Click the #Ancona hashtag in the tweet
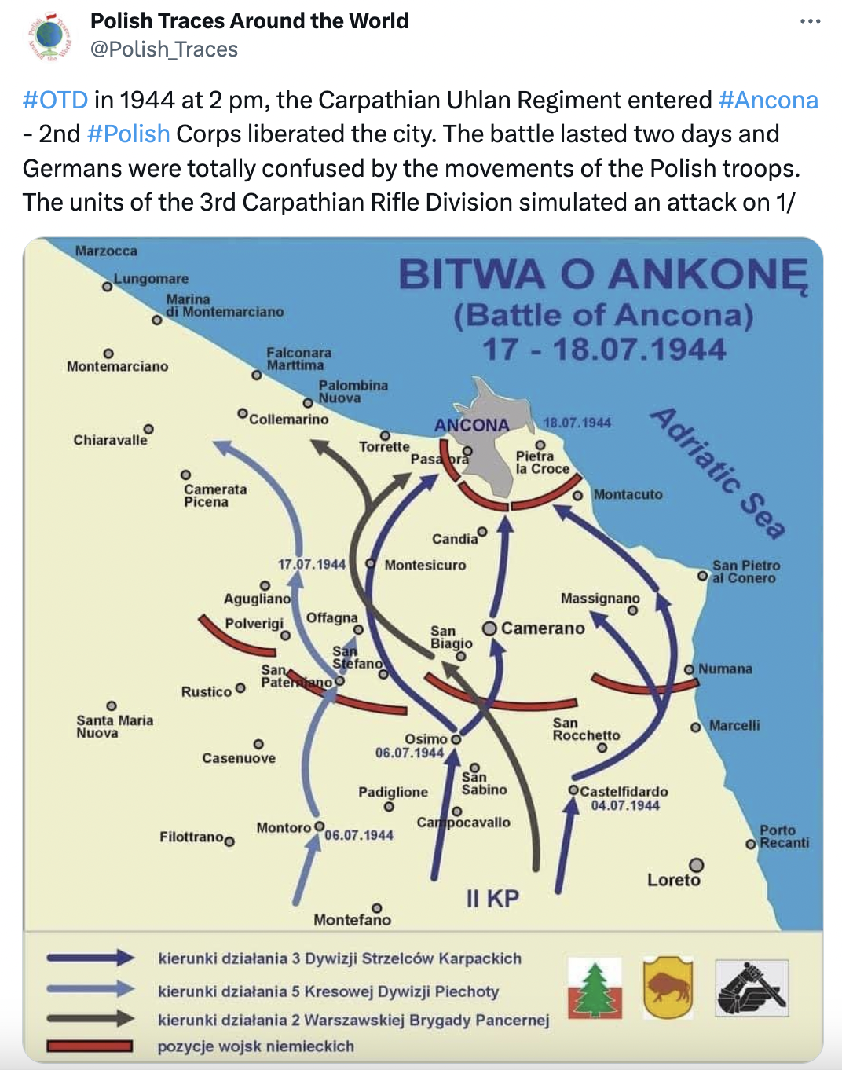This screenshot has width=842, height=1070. [768, 101]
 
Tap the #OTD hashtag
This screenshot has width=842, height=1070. [55, 101]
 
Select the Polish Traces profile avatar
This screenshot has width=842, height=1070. [49, 36]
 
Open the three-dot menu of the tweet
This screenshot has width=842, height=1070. [810, 21]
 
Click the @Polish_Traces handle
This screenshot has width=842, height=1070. [164, 49]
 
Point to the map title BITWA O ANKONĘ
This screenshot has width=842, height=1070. [602, 276]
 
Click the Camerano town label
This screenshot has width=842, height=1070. [543, 628]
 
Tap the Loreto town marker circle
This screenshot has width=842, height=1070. [696, 865]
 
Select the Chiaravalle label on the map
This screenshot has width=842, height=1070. [110, 440]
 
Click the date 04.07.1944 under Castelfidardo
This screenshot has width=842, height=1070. [625, 805]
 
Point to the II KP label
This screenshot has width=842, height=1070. [492, 899]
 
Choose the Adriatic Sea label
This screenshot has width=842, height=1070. [718, 472]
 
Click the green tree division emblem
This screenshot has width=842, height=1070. [595, 988]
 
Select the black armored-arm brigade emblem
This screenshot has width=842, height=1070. [752, 988]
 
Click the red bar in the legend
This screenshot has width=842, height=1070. [90, 1046]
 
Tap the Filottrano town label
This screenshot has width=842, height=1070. [192, 837]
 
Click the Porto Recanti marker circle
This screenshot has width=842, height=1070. [751, 844]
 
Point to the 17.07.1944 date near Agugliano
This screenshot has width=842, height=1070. [311, 564]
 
